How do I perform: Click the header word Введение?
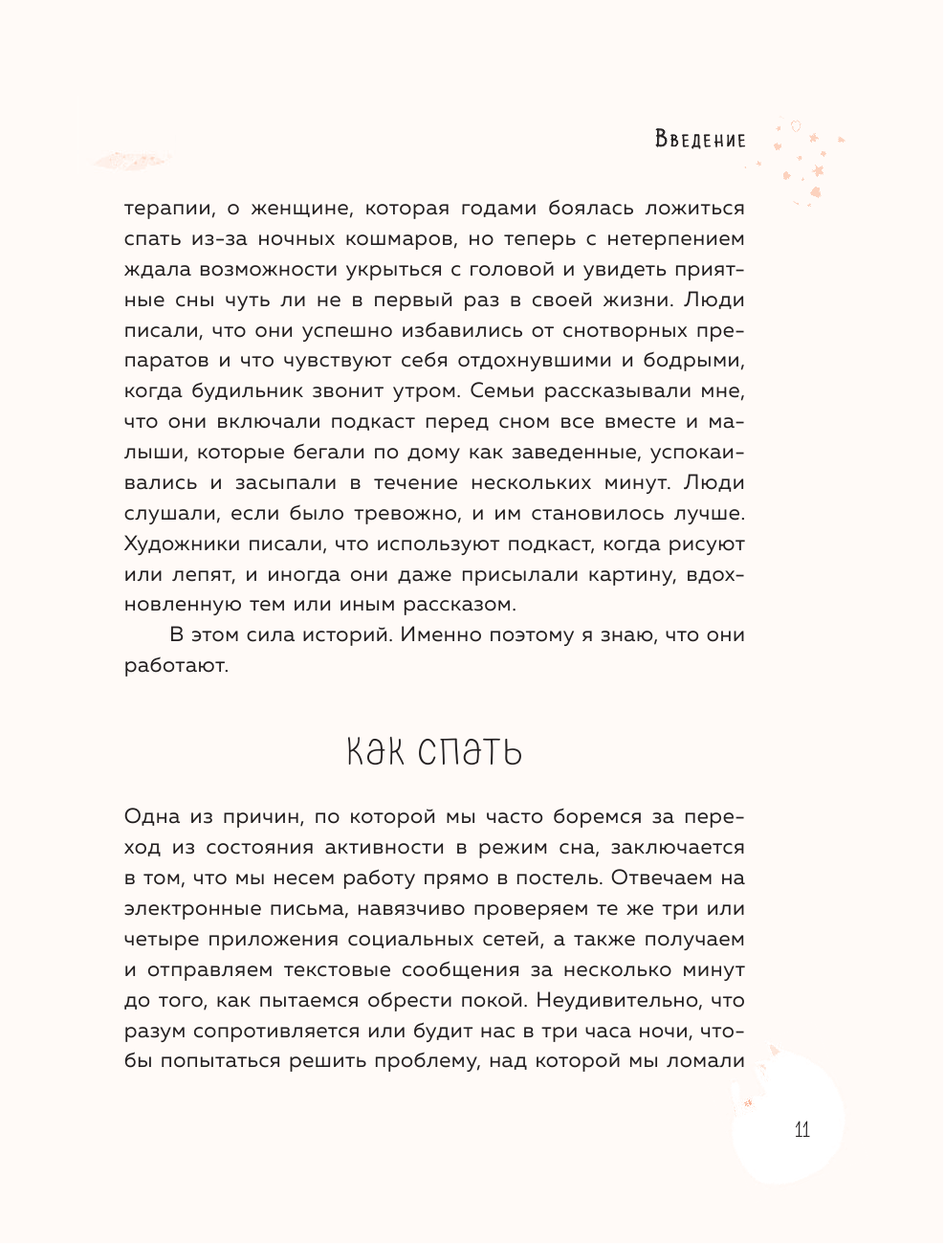click(x=700, y=140)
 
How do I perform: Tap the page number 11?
click(x=801, y=1129)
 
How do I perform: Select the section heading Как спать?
click(x=433, y=752)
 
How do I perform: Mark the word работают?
click(x=176, y=666)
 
